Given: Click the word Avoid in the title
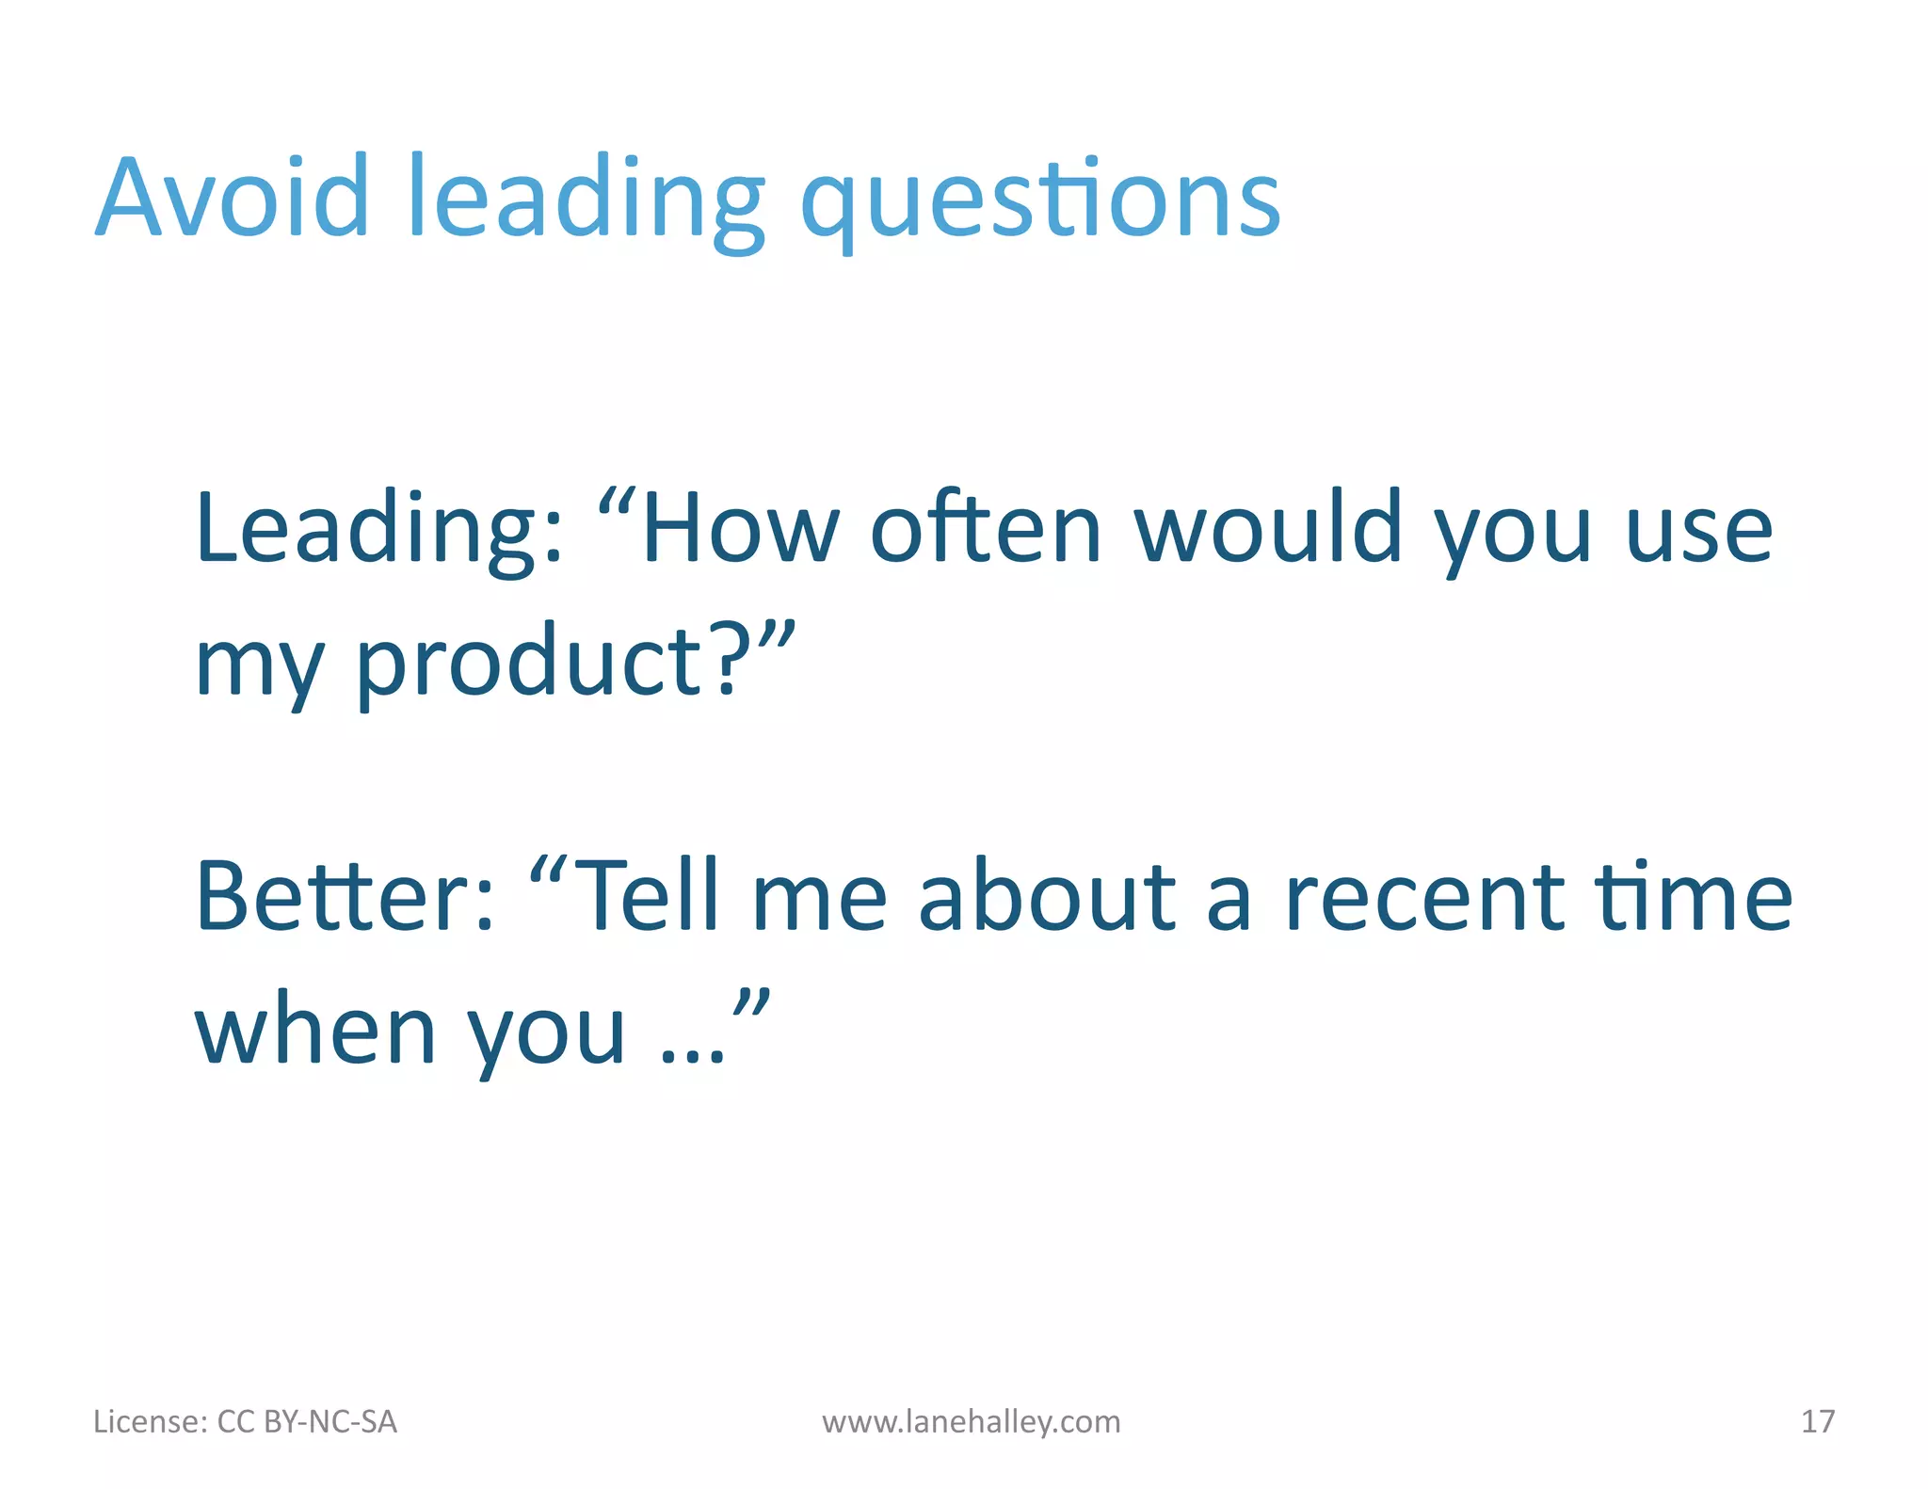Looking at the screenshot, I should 233,198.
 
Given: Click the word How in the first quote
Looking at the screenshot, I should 740,529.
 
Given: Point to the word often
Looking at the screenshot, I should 985,529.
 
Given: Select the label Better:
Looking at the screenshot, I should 345,897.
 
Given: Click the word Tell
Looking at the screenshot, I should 650,897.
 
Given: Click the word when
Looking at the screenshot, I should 314,1032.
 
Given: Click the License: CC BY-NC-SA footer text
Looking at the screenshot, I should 245,1421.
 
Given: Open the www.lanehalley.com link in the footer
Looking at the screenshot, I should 971,1421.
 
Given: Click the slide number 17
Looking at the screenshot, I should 1817,1421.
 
